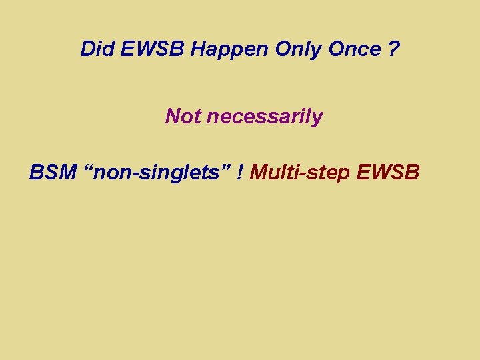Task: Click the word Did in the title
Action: pyautogui.click(x=95, y=49)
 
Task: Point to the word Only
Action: pyautogui.click(x=266, y=50)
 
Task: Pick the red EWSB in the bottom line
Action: pyautogui.click(x=389, y=173)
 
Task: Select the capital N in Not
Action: pyautogui.click(x=173, y=117)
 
